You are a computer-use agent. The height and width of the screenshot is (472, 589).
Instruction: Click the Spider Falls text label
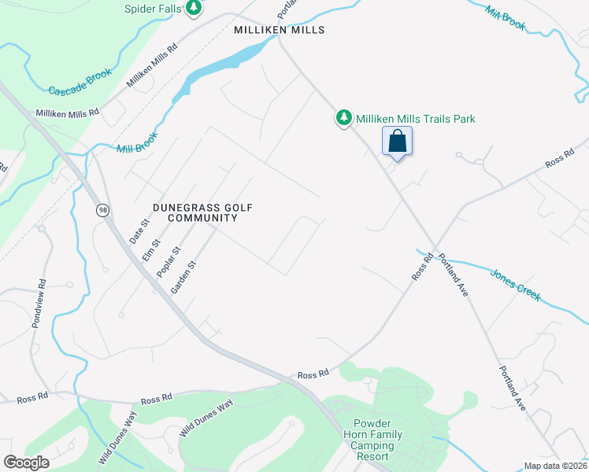153,9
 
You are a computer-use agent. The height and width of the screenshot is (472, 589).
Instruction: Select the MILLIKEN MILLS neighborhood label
280,30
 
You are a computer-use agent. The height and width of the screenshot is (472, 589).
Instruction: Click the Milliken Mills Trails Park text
416,119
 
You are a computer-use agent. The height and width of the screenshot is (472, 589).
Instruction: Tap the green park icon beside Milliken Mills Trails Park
344,118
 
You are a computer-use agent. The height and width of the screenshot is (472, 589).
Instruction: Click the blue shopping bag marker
398,142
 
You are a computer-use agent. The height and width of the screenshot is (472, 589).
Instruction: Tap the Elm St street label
150,249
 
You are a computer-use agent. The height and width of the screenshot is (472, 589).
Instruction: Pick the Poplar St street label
169,260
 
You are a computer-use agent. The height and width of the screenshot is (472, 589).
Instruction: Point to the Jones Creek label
516,285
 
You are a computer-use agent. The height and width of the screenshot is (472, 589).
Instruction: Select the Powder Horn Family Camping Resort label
372,440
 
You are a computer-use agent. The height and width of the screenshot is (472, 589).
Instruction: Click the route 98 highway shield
102,210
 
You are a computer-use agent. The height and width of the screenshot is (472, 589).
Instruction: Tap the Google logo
26,463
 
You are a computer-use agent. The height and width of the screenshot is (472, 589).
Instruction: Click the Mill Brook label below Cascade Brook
137,142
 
